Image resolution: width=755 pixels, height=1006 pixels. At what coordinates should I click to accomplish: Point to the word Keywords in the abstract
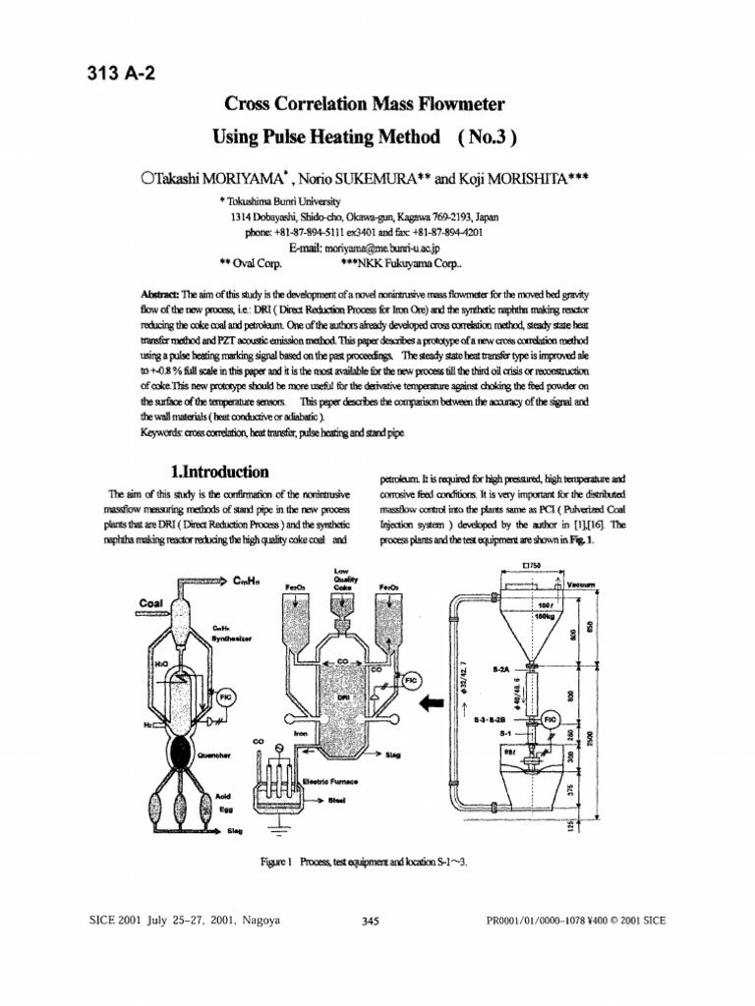click(x=166, y=430)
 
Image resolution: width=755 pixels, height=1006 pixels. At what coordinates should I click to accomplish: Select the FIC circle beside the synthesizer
click(x=224, y=697)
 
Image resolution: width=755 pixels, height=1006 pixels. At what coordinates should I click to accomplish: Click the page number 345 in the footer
click(x=371, y=921)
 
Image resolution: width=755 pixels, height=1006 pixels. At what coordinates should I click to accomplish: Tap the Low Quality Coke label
click(x=341, y=578)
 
